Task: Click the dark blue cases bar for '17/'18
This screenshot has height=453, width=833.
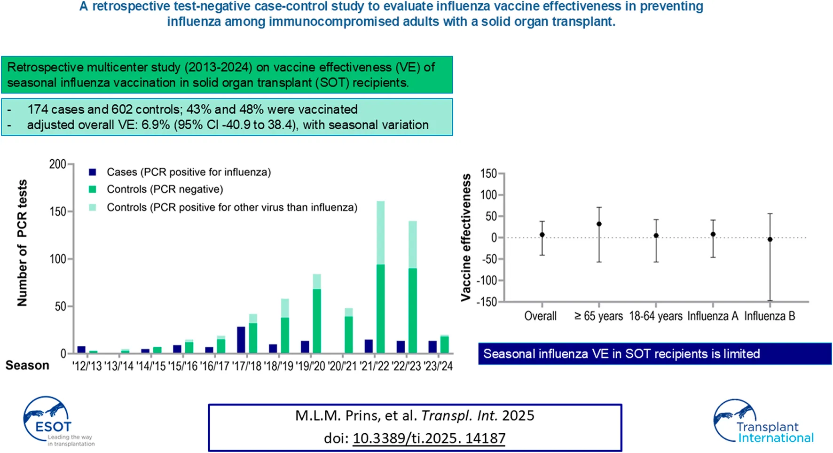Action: coord(241,340)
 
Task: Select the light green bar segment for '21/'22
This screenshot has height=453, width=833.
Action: coord(381,233)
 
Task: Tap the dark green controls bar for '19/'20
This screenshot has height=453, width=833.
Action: coord(317,321)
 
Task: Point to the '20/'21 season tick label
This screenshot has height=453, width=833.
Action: coord(342,366)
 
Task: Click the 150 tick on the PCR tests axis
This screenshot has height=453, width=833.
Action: coord(58,211)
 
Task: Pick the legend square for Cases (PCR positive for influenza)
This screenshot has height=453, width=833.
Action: coord(93,172)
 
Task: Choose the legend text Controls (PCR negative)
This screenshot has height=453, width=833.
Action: coord(165,189)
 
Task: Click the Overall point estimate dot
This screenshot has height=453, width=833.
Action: coord(542,234)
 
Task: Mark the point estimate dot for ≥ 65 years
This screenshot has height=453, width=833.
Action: coord(599,224)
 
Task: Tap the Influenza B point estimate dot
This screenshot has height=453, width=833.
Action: coord(770,240)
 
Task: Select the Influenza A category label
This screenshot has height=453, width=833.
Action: coord(713,316)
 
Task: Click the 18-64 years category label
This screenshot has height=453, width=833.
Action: coord(656,316)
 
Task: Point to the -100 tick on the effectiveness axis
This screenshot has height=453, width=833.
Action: coord(487,281)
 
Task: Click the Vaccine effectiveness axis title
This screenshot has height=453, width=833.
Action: coord(466,237)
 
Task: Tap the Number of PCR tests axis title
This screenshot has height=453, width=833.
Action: coord(22,243)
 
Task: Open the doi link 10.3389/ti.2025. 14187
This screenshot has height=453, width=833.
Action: coord(429,438)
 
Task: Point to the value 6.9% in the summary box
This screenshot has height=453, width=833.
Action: coord(155,125)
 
